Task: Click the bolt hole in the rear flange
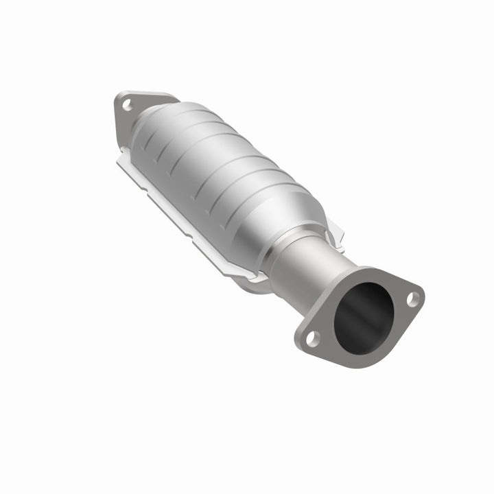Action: (x=126, y=105)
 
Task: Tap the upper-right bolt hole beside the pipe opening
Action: (x=412, y=298)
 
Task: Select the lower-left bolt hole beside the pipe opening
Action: (x=311, y=337)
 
